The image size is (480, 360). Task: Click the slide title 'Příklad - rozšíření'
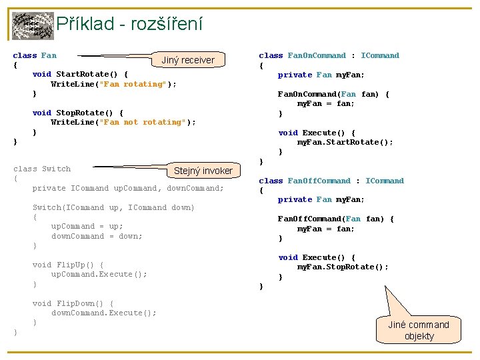click(129, 25)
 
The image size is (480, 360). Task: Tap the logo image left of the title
click(33, 26)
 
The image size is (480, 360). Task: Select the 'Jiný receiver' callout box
click(188, 60)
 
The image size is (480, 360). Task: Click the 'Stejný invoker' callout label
click(203, 171)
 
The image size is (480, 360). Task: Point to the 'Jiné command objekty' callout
click(419, 330)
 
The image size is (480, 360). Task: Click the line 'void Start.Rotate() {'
click(80, 74)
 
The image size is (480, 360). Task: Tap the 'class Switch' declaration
click(42, 169)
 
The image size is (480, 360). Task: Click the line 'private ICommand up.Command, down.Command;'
click(128, 188)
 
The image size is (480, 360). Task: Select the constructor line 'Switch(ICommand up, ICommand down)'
click(113, 207)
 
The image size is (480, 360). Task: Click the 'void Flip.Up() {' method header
click(68, 265)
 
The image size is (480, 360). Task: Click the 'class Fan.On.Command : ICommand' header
click(329, 55)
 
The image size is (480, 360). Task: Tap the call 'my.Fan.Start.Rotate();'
click(345, 142)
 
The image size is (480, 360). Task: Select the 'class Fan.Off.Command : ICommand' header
click(331, 181)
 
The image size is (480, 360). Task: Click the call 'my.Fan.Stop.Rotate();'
click(342, 267)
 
